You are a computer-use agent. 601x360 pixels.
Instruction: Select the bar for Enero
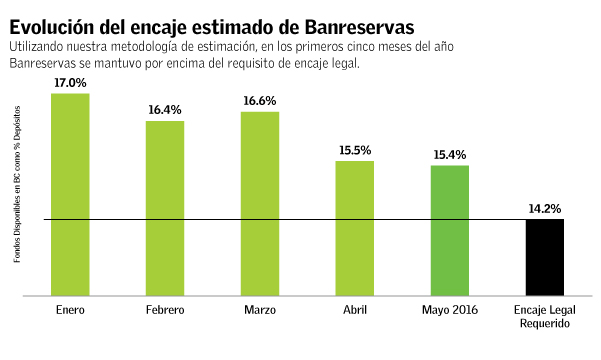pos(70,195)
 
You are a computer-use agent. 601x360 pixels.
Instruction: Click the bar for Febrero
pos(165,208)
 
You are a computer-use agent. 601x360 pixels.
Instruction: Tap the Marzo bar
pos(260,204)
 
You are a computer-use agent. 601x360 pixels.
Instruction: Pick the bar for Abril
pos(354,228)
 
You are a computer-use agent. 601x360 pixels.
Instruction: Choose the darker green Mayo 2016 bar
pos(449,230)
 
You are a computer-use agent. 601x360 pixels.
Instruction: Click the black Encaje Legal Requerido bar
pos(545,257)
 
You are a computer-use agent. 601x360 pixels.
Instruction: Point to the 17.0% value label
pos(70,84)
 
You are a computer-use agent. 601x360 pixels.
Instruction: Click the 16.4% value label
pos(165,110)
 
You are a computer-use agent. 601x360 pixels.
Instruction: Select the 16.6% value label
pos(260,102)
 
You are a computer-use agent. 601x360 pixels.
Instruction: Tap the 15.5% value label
pos(354,150)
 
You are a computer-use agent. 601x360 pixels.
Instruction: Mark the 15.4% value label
pos(449,154)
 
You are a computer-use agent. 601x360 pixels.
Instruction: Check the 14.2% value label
pos(545,209)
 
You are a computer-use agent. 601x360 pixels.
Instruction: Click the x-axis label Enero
pos(70,310)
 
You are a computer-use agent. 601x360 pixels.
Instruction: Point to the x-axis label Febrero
pos(165,310)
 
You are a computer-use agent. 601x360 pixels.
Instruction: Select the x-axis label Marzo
pos(260,310)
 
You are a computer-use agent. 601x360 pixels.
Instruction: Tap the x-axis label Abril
pos(354,310)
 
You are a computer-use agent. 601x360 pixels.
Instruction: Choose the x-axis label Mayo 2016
pos(449,310)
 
